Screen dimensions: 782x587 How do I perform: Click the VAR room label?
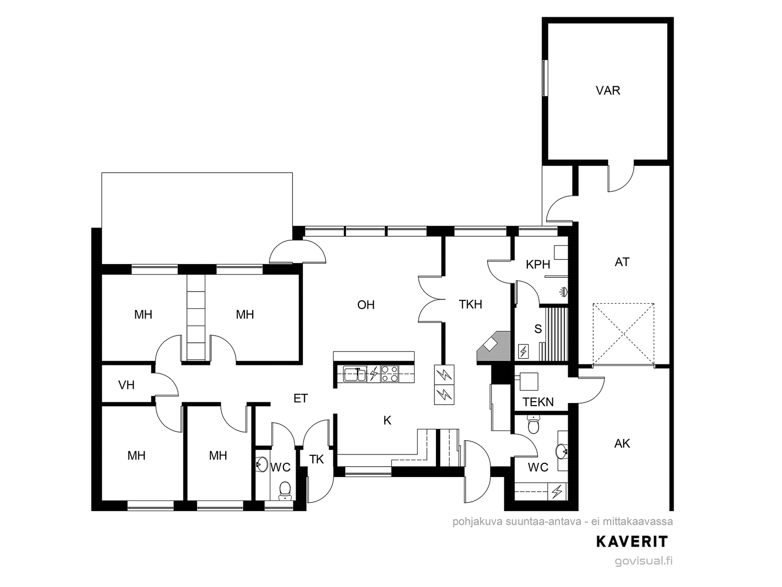[608, 90]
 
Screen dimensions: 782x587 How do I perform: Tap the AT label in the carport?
[622, 262]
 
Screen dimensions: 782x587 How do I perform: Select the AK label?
[622, 443]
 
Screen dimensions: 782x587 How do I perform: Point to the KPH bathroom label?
[538, 265]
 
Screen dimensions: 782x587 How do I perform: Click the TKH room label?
[470, 304]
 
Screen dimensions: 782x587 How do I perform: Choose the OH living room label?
[366, 305]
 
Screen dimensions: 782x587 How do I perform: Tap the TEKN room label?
[538, 402]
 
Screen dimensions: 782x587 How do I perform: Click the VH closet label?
[126, 385]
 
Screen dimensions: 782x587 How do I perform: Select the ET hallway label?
[300, 399]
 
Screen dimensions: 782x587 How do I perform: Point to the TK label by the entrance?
[316, 459]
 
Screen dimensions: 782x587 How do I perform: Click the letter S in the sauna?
[538, 329]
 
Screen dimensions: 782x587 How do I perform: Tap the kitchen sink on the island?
[355, 374]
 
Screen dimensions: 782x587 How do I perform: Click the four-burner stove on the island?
[389, 374]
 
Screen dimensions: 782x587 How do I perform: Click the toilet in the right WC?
[533, 425]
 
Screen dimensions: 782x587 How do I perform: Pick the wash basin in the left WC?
[262, 464]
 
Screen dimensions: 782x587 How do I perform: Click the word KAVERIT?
[631, 542]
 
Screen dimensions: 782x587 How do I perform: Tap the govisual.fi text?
[644, 561]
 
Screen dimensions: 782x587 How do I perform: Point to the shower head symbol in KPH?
[563, 292]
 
